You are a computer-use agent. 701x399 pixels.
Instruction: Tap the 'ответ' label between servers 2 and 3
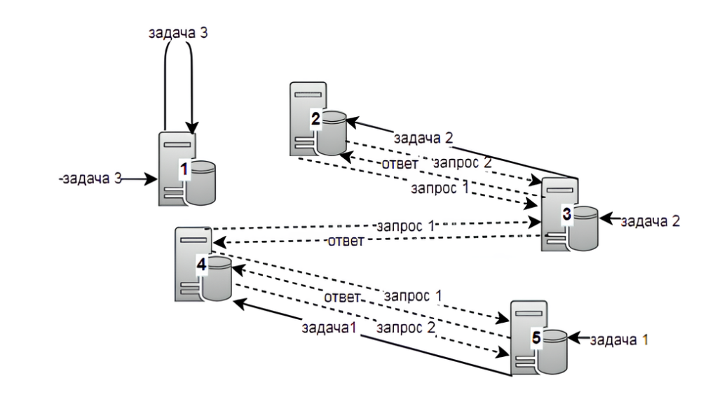[x=401, y=164]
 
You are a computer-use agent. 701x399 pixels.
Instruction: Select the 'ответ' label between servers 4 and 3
[x=346, y=242]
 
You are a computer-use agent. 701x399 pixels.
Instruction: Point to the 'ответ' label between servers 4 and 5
[x=342, y=297]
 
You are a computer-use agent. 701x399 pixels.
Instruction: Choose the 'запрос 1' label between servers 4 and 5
[x=414, y=294]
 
